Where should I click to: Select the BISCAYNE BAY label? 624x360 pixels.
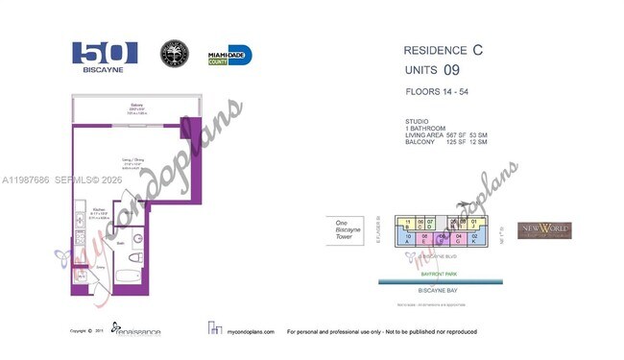tap(441, 289)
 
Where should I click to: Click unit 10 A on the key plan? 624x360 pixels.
tap(409, 238)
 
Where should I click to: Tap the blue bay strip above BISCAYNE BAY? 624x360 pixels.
tap(441, 281)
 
